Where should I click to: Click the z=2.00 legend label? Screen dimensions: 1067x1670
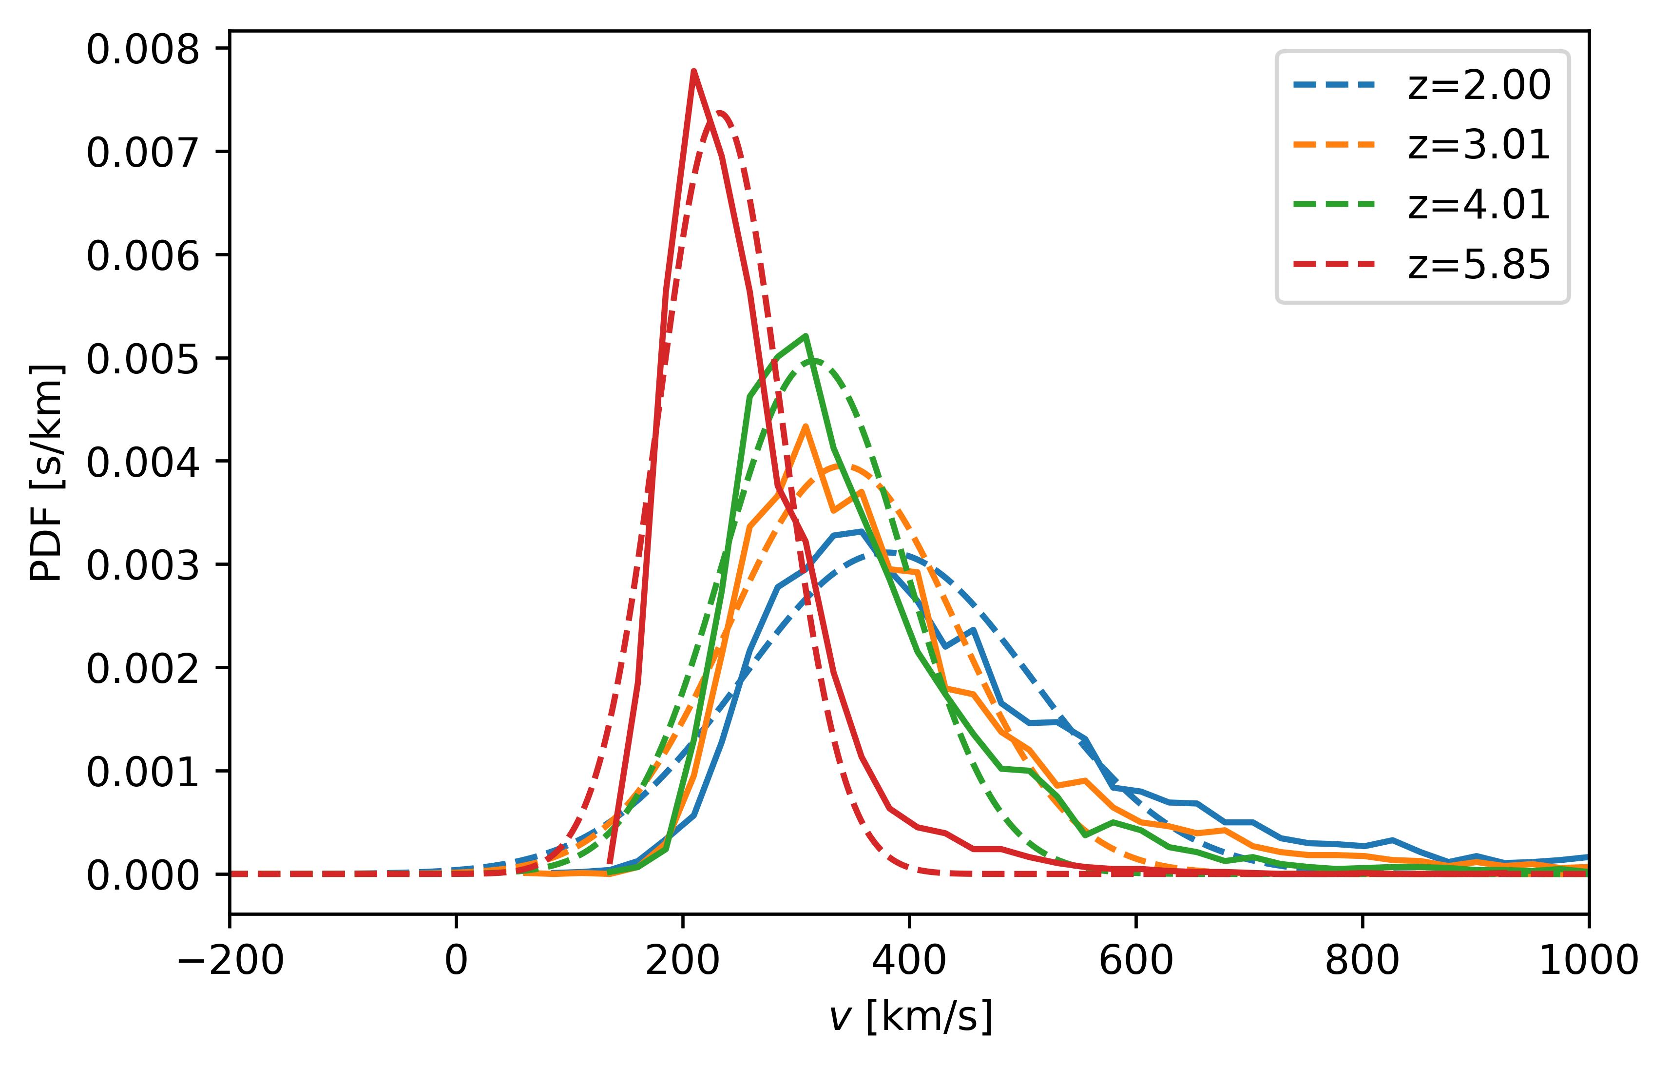(x=1478, y=85)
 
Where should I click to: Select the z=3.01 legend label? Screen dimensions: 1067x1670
(x=1478, y=145)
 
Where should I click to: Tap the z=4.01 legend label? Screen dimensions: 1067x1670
(x=1478, y=205)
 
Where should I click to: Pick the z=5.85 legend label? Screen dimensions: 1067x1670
(x=1478, y=264)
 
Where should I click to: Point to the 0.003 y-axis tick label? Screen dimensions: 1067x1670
(x=143, y=565)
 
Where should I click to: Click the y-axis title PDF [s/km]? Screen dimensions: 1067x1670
(x=47, y=472)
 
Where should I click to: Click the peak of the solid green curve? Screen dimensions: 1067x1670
(x=805, y=336)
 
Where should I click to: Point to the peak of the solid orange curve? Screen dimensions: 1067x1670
(x=805, y=426)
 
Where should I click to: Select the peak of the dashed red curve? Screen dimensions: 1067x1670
(x=720, y=113)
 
